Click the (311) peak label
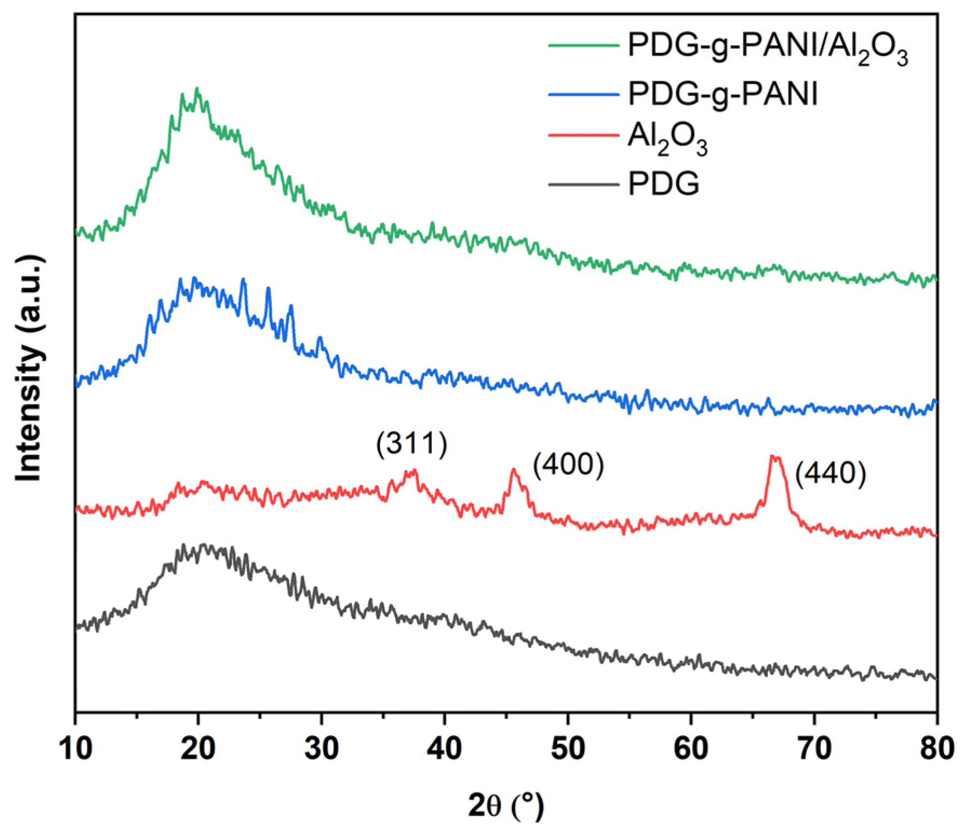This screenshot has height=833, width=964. pyautogui.click(x=412, y=444)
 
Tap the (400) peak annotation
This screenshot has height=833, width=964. pyautogui.click(x=568, y=464)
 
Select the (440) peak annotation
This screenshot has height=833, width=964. pyautogui.click(x=831, y=474)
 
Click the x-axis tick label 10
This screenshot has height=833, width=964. pyautogui.click(x=76, y=749)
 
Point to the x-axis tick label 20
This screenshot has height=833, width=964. pyautogui.click(x=198, y=749)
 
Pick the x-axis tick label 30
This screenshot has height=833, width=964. pyautogui.click(x=321, y=749)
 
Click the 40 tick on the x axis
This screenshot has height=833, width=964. pyautogui.click(x=444, y=749)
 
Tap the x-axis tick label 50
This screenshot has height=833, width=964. pyautogui.click(x=568, y=749)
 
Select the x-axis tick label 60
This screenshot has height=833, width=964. pyautogui.click(x=691, y=749)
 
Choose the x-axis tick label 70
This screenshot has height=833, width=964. pyautogui.click(x=814, y=749)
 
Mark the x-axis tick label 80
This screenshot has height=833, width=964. pyautogui.click(x=936, y=749)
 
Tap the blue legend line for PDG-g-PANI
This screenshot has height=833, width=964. pyautogui.click(x=583, y=94)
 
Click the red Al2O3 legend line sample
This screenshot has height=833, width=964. pyautogui.click(x=583, y=135)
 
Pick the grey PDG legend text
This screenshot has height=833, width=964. pyautogui.click(x=663, y=184)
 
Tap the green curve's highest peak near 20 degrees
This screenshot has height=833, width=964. pyautogui.click(x=197, y=89)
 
